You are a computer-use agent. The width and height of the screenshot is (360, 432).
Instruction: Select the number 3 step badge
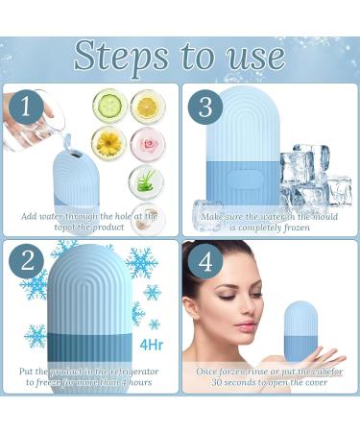204,106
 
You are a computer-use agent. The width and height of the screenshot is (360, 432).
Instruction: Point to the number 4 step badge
204,262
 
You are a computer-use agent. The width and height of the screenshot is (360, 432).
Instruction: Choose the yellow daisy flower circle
111,143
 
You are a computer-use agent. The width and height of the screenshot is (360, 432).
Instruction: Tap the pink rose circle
147,143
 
